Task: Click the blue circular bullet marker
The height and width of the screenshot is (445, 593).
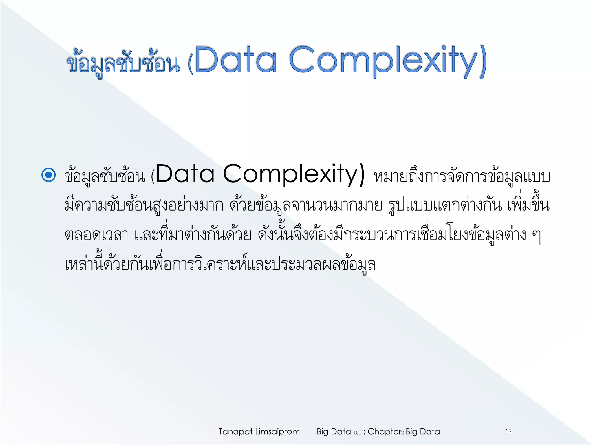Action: pos(48,175)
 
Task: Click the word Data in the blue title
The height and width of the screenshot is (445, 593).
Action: pos(236,60)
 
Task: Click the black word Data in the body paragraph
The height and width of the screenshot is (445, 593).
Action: pos(185,174)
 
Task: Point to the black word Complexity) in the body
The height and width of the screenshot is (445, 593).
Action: pos(294,174)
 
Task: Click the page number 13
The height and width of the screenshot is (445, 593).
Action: pos(508,431)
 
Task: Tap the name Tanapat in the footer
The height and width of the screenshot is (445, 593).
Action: pos(235,432)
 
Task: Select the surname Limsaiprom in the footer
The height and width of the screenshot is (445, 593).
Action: pos(277,432)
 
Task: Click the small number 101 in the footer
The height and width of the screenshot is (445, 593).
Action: pos(357,433)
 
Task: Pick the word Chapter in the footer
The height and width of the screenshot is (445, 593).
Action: pos(384,432)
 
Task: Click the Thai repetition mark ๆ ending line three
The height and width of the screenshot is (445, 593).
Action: pos(536,236)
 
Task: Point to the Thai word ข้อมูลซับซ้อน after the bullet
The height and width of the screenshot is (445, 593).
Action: pos(105,176)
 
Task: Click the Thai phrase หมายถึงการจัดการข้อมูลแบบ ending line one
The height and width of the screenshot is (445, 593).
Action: pos(462,177)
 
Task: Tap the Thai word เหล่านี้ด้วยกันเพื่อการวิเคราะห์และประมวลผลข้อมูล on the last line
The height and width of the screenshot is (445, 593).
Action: pos(220,264)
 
